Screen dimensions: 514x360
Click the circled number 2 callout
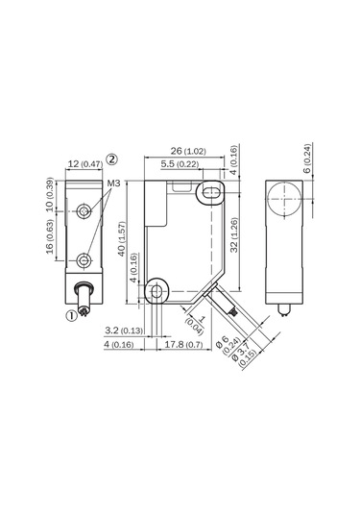tap(112, 158)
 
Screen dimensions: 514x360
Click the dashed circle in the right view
tap(283, 205)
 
